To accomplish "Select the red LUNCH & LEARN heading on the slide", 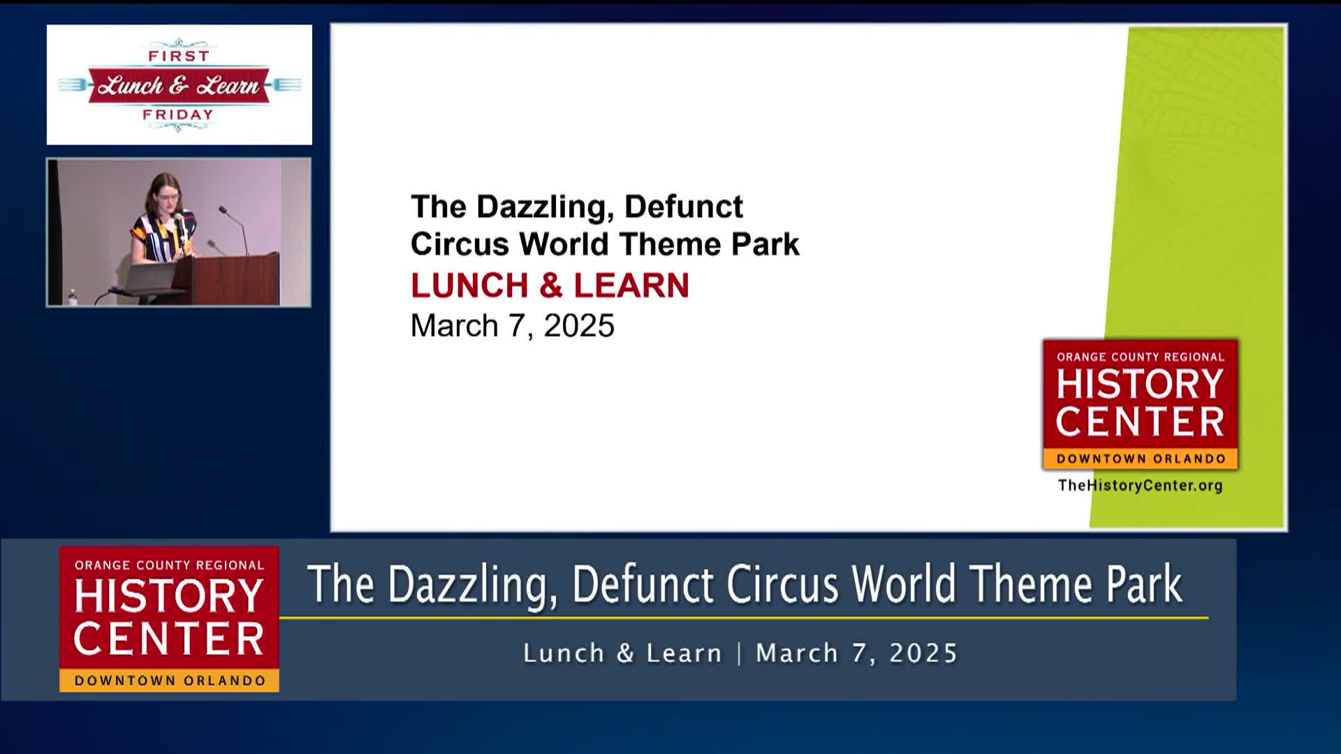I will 550,286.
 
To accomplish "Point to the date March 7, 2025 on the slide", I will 512,326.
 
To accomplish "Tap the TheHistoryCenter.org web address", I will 1140,485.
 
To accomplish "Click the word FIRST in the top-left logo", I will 179,56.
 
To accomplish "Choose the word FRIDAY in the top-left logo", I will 178,114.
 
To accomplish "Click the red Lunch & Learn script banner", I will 179,85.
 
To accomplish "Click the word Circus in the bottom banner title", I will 782,584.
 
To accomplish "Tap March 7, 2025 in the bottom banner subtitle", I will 856,653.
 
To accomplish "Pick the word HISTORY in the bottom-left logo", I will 168,597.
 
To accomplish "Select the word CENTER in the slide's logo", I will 1140,422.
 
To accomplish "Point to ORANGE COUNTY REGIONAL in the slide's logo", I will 1140,357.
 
